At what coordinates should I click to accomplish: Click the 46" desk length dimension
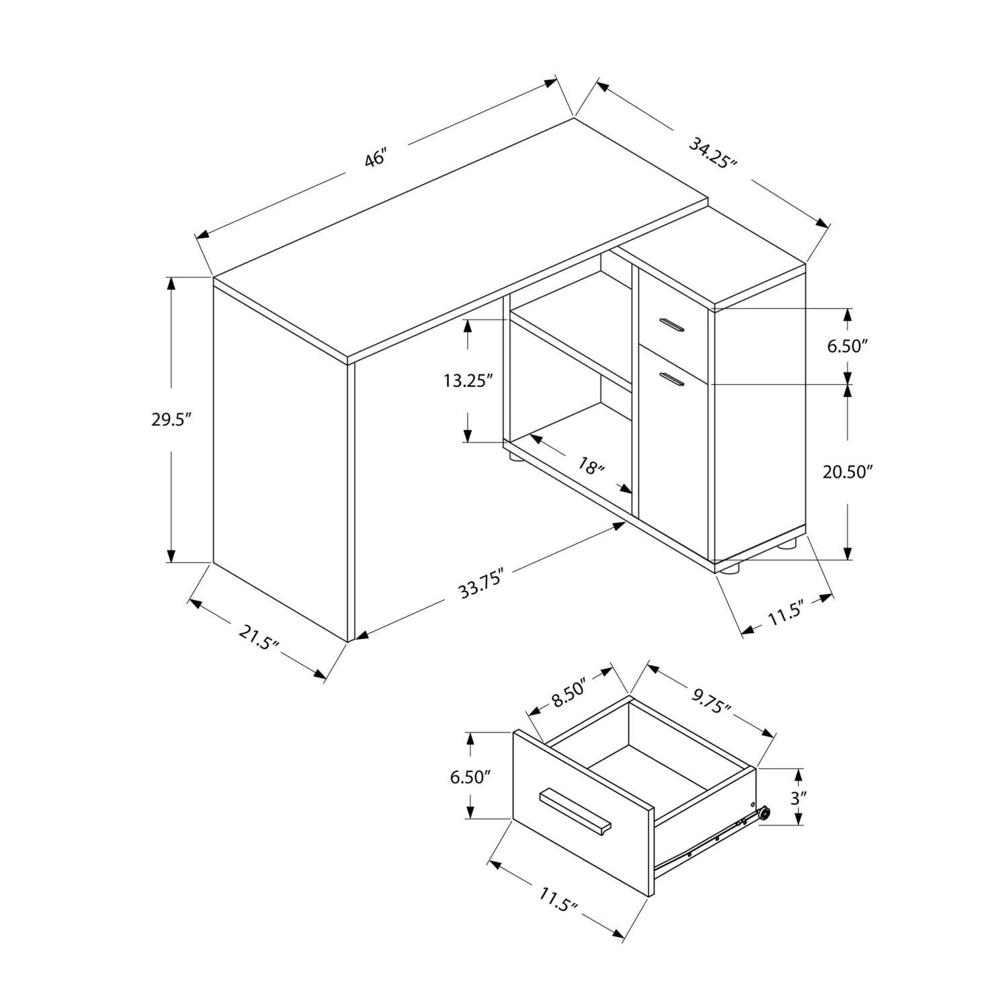point(376,160)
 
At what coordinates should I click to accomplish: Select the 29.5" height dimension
point(171,419)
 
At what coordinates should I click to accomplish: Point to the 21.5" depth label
point(258,637)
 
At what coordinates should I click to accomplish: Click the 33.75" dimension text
point(481,583)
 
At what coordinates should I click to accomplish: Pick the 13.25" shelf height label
point(468,381)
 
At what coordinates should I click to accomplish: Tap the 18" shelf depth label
point(591,465)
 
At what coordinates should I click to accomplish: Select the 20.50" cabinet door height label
point(847,472)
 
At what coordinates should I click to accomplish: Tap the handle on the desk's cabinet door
point(671,380)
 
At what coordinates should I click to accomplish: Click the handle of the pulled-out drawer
point(575,811)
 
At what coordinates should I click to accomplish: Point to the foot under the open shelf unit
point(517,459)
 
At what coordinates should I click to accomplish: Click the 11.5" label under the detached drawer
point(558,899)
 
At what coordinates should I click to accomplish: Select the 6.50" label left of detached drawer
point(471,778)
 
